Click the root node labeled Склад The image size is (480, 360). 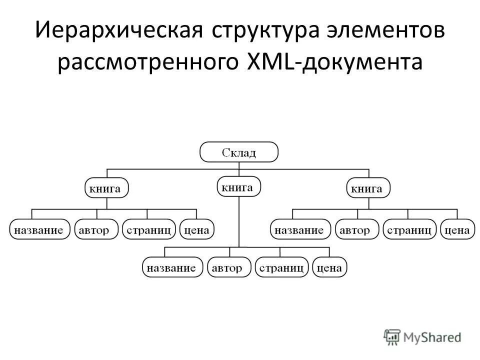(239, 152)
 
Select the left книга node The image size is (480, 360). (105, 188)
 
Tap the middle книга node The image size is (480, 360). (238, 187)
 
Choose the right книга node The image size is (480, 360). (368, 188)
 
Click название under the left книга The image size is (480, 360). (38, 230)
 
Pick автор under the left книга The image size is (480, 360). (96, 230)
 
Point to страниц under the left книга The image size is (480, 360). (149, 230)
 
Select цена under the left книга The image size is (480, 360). (197, 230)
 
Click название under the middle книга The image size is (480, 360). (172, 268)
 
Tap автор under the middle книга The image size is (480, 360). (229, 268)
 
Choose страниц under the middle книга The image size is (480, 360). (281, 268)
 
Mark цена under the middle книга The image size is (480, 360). (329, 268)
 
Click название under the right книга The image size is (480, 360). (300, 230)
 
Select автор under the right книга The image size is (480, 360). (356, 230)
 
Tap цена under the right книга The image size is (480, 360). (457, 230)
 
